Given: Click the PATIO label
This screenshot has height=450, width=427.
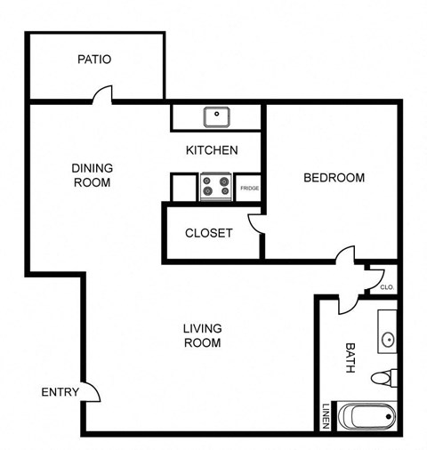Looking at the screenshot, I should coord(93,60).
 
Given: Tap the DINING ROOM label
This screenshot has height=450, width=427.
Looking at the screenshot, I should coord(91,174).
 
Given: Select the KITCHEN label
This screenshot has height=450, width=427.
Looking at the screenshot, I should coord(211,150).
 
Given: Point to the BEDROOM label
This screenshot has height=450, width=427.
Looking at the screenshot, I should coord(334,178).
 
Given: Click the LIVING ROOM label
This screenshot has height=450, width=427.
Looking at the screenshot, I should coord(202,335).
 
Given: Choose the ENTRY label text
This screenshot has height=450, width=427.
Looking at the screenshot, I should coord(60,392).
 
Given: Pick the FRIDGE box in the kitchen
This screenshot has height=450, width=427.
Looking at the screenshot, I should coord(248,188).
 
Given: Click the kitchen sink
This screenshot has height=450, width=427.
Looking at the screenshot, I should coord(216,116).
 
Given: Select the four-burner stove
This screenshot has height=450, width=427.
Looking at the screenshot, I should coord(216,185).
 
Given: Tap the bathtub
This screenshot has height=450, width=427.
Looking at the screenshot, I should coord(367,416).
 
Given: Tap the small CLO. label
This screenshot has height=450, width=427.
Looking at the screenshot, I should coord(387,287).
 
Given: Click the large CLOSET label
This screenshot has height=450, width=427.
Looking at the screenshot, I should coord(208,233).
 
